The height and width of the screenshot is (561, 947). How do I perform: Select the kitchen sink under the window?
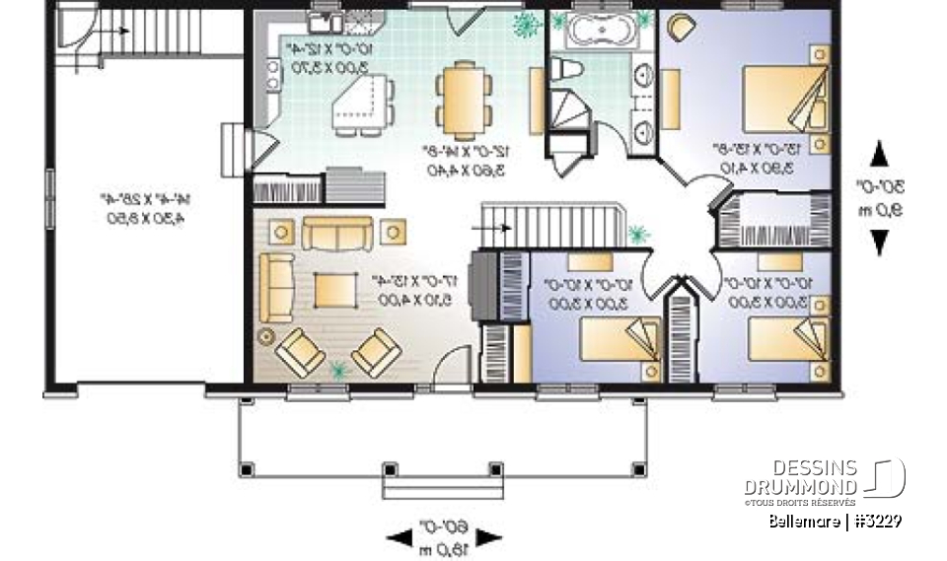coord(325,22)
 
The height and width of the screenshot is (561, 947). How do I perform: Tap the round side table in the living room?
coord(265,336)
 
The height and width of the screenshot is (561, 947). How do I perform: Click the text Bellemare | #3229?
coord(836,521)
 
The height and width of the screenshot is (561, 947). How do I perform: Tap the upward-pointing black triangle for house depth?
coord(879,154)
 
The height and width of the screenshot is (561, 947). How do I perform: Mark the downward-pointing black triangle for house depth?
coord(879,243)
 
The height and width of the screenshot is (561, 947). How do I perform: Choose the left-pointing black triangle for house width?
coord(399,537)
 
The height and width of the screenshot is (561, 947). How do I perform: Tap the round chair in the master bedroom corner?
coord(681,29)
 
